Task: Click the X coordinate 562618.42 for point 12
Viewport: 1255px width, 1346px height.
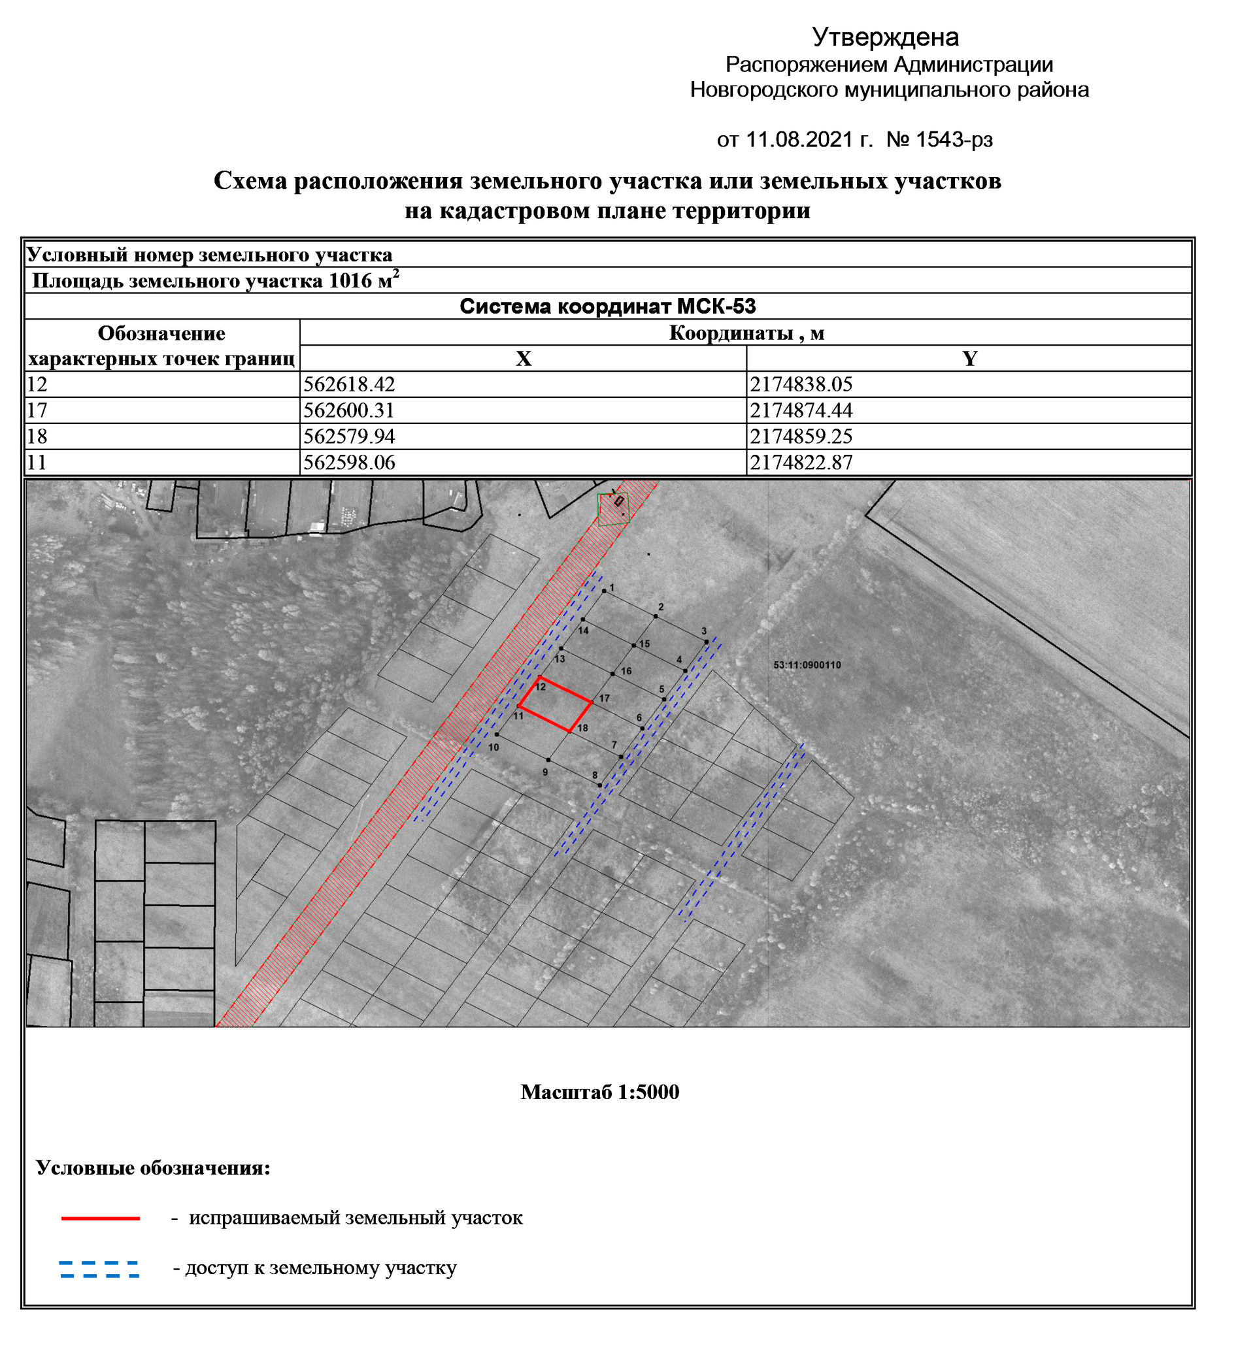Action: click(349, 385)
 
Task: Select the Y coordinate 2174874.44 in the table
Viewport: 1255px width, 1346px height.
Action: click(801, 410)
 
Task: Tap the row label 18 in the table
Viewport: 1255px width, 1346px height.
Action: click(37, 436)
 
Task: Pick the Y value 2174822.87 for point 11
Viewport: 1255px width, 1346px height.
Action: click(801, 463)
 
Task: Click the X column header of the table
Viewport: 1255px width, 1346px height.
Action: click(523, 358)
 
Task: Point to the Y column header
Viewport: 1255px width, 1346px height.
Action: click(969, 358)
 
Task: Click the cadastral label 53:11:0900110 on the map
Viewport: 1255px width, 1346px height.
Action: click(807, 665)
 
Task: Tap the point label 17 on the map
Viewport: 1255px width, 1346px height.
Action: click(604, 698)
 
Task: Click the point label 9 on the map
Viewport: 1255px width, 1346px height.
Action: click(545, 772)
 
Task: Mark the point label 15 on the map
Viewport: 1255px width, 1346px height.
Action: click(644, 644)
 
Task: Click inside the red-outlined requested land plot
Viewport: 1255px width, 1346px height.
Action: click(555, 706)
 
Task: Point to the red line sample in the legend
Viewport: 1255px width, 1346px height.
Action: click(100, 1219)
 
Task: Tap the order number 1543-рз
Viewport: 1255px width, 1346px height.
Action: click(954, 139)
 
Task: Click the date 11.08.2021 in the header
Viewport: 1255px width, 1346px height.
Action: click(799, 139)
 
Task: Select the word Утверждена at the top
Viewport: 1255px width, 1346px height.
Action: click(885, 37)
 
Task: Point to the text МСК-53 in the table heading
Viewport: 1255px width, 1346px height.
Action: click(716, 306)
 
